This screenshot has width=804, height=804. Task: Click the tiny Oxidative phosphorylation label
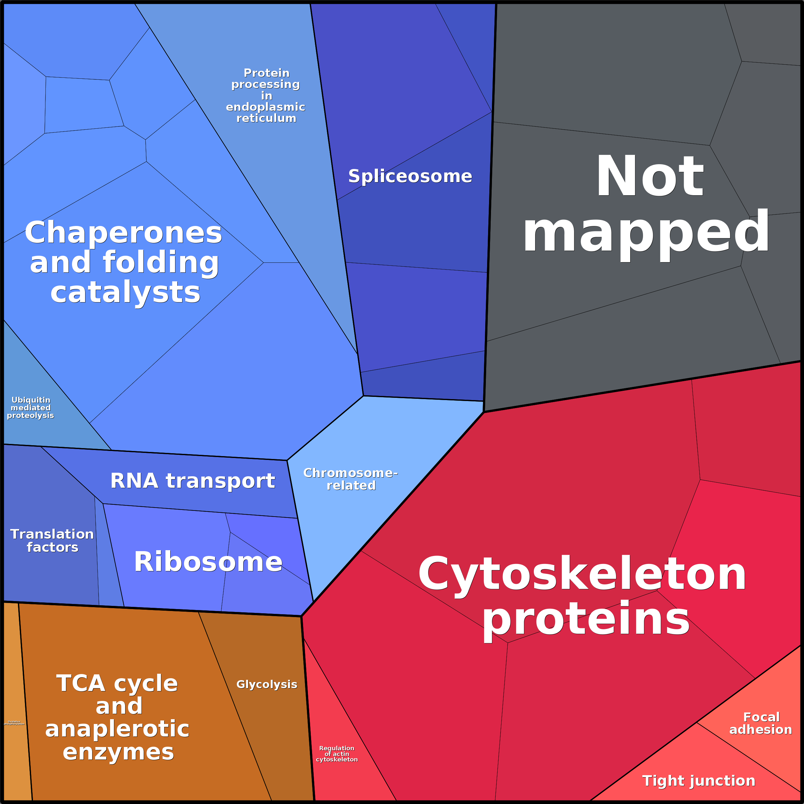tap(14, 723)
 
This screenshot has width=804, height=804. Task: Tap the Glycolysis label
tap(267, 685)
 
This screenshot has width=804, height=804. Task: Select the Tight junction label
tap(699, 781)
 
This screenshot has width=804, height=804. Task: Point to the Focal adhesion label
tap(761, 723)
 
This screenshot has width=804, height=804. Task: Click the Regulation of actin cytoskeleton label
tap(337, 754)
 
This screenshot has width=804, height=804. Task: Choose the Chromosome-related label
tap(350, 479)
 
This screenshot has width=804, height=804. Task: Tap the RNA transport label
tap(193, 481)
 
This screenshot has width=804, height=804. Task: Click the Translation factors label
tap(52, 541)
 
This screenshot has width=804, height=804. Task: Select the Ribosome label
tap(208, 562)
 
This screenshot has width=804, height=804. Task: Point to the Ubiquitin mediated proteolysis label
tap(30, 407)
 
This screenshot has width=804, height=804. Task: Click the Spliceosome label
tap(410, 176)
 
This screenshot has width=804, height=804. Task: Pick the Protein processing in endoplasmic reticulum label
tap(266, 96)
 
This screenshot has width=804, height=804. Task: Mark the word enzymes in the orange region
tap(118, 752)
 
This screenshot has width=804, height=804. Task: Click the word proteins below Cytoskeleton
tap(586, 620)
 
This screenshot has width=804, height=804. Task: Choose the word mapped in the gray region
tap(646, 233)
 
